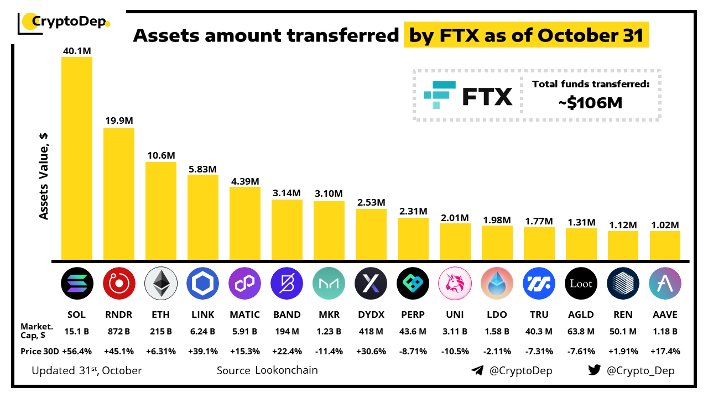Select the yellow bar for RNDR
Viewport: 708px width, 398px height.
coord(118,193)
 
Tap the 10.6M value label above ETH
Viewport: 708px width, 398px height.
coord(160,155)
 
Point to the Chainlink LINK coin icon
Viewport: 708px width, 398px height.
coord(202,284)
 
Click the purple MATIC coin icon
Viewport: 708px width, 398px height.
coord(244,284)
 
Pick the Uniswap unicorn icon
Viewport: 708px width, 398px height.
coord(455,284)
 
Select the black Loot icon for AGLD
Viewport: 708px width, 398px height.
coord(581,284)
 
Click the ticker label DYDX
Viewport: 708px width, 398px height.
coord(371,315)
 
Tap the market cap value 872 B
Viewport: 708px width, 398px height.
coord(118,332)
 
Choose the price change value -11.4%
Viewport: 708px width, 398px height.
coord(329,352)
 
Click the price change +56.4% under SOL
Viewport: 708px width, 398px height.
coord(76,352)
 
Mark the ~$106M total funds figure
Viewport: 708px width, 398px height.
coord(590,102)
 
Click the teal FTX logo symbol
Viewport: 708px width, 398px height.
coord(440,95)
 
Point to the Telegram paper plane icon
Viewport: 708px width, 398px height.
coord(477,370)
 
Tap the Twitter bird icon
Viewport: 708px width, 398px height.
coord(595,370)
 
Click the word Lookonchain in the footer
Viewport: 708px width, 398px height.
coord(287,370)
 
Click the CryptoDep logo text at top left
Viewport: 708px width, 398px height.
coord(70,22)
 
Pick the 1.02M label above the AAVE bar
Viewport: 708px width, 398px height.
coord(665,225)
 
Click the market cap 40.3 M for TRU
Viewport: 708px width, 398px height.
coord(539,332)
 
